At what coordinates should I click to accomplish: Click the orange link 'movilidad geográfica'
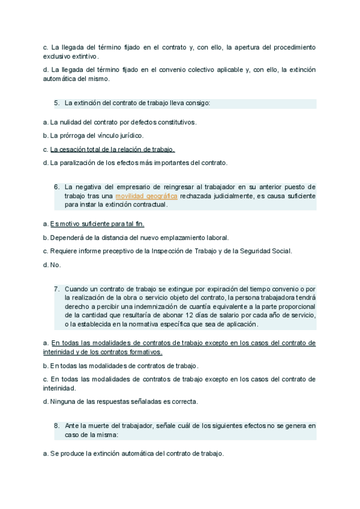[146, 196]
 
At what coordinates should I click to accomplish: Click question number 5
[56, 103]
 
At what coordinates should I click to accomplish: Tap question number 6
[56, 187]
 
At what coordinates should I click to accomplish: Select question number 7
[56, 289]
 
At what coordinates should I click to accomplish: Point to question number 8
[56, 426]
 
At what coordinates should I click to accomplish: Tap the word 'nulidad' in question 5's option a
[73, 122]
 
